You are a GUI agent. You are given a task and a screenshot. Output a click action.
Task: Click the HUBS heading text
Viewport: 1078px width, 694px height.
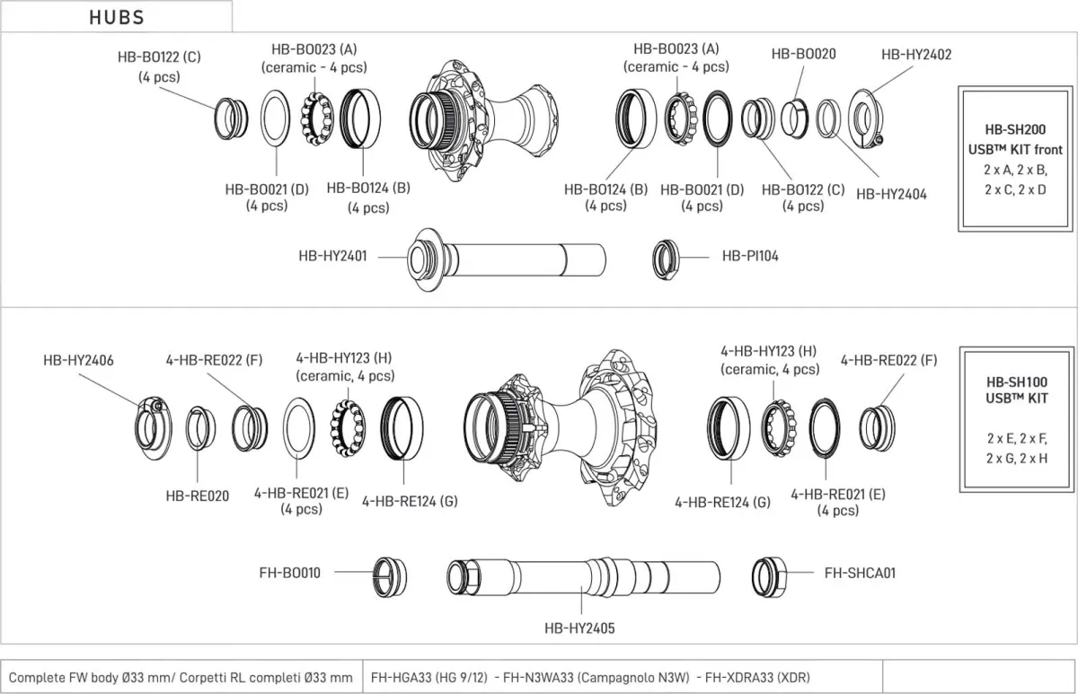[117, 17]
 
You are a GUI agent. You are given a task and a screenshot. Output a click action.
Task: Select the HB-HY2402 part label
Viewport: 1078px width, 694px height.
[916, 54]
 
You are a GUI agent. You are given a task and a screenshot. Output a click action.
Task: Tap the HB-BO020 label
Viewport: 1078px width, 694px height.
[803, 54]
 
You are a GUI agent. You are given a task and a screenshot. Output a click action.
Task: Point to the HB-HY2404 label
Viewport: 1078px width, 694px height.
[890, 193]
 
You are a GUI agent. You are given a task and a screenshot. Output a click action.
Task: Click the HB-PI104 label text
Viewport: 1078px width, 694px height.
[750, 256]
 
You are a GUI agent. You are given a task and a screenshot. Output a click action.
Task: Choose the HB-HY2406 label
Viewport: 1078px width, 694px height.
[78, 360]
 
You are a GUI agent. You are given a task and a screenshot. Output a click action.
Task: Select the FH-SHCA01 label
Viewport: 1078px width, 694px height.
[860, 572]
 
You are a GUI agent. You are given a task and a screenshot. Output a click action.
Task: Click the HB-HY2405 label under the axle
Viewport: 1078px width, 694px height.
[579, 629]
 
